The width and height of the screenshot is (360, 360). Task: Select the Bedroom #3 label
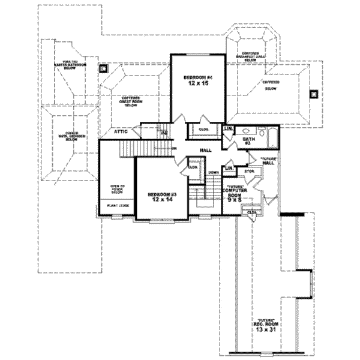(160, 194)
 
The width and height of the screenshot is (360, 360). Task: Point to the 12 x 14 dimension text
(160, 200)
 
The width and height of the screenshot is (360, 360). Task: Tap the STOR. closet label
(249, 171)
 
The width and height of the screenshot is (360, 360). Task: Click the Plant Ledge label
(116, 205)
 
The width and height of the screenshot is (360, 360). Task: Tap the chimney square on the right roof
(312, 93)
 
